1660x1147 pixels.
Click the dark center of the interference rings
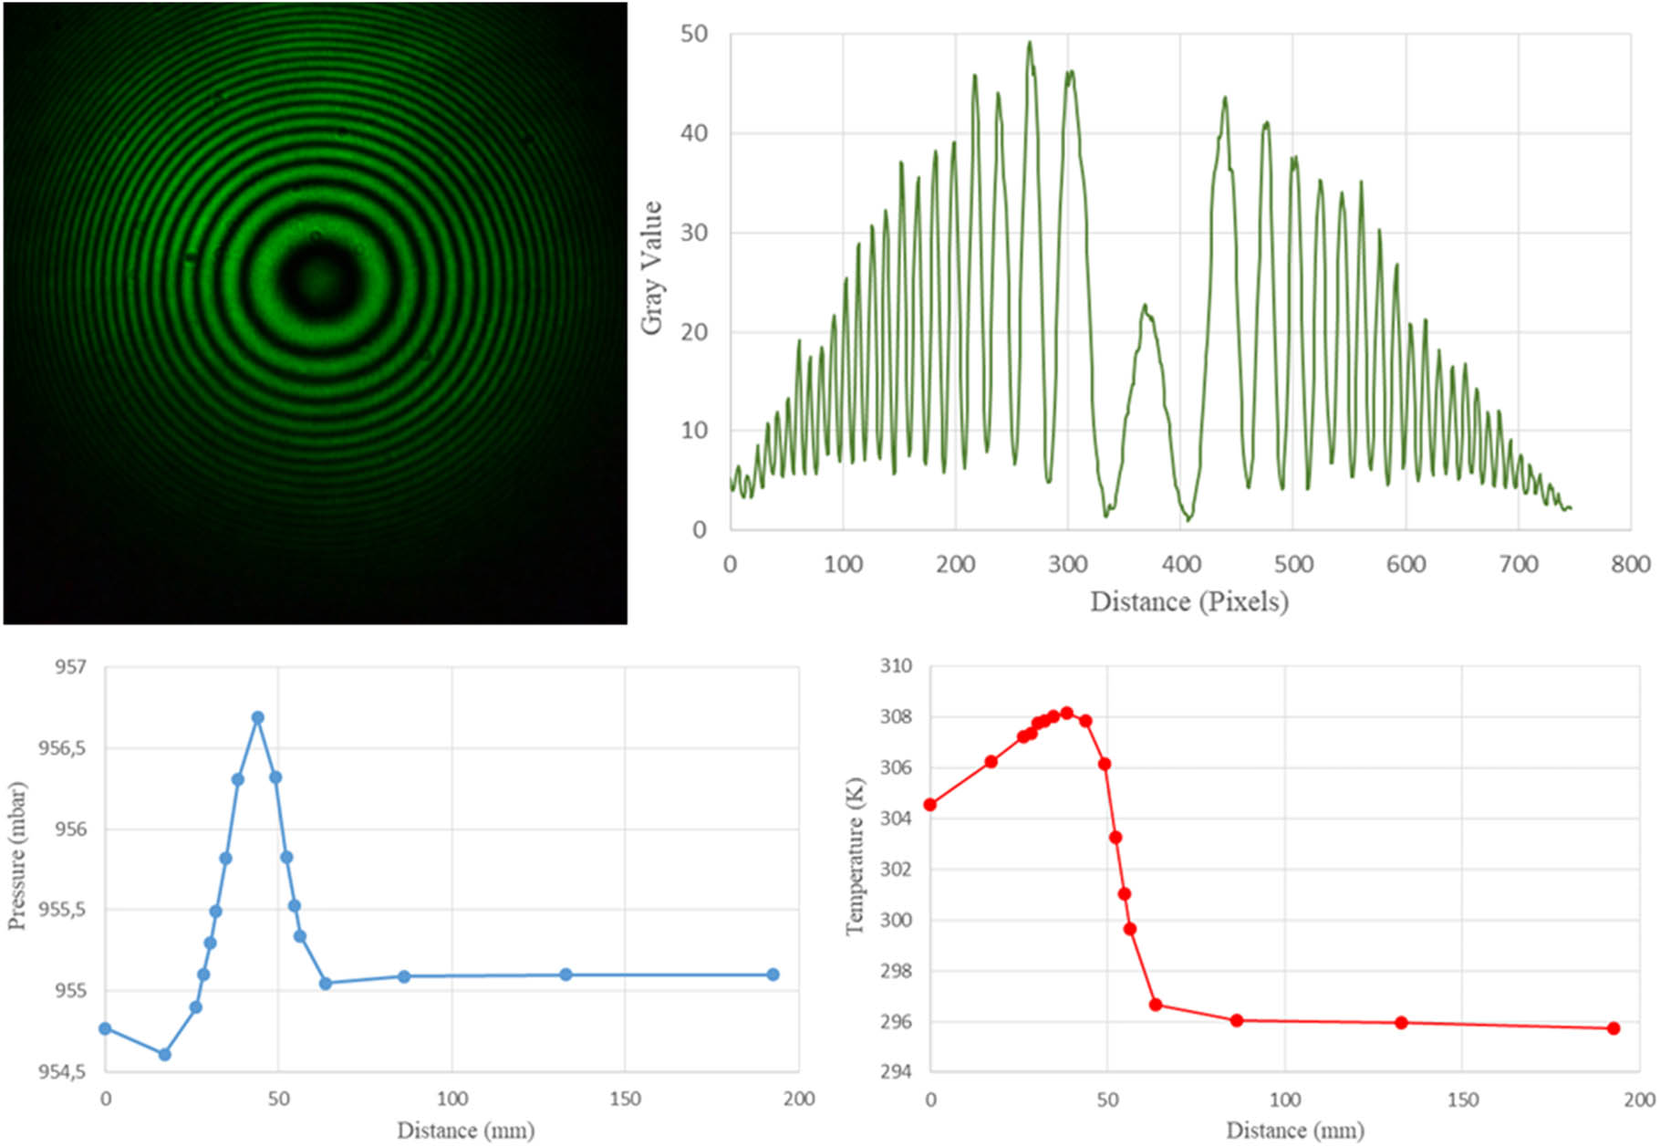pos(316,278)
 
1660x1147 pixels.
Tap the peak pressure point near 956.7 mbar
pos(258,718)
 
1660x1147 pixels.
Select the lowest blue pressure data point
pos(165,1055)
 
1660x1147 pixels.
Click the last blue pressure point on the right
pos(773,975)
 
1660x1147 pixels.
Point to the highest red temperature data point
pos(1066,713)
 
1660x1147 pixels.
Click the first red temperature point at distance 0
pos(930,805)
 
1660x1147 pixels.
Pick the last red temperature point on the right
pos(1613,1028)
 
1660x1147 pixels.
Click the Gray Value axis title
pos(651,268)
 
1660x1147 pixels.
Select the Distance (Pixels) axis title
pos(1189,602)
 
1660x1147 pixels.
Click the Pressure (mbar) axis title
pos(16,856)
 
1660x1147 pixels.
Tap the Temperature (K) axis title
pos(854,856)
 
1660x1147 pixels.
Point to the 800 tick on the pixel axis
pos(1630,565)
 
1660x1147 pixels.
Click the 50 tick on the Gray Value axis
pos(694,35)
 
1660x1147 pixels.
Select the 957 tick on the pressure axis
pos(70,667)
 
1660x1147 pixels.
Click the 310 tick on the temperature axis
pos(895,666)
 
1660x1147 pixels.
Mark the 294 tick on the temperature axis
pos(895,1072)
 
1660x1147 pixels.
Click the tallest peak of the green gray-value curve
pos(1030,43)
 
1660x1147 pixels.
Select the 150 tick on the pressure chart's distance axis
pos(625,1100)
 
